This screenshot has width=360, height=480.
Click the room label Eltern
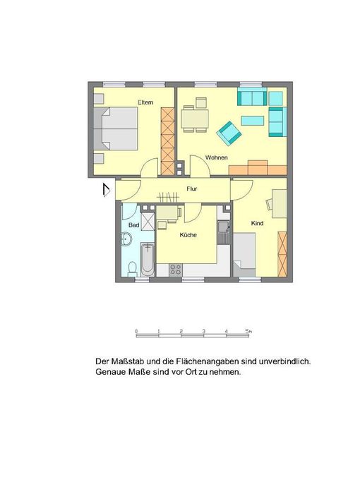tap(145, 102)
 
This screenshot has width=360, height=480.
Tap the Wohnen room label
tap(217, 157)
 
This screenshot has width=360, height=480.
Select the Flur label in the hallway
tap(192, 189)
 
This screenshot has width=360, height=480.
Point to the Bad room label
tap(134, 225)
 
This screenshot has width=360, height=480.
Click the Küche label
tap(188, 235)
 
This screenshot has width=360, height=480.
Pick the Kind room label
tap(257, 223)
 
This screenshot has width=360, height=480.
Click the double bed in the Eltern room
tap(115, 128)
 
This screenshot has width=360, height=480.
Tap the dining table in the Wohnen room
tap(195, 119)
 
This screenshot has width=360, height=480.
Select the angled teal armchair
tap(229, 133)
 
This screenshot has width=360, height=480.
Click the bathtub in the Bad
tap(148, 260)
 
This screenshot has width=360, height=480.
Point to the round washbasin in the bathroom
tap(126, 239)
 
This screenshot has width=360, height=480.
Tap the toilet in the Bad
tap(132, 268)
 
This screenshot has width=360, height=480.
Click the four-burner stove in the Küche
tap(176, 270)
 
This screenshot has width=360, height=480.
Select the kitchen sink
tap(224, 232)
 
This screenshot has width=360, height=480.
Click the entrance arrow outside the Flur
tap(106, 190)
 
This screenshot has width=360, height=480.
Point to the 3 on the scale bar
tap(203, 331)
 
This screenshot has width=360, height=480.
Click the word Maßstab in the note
tap(128, 361)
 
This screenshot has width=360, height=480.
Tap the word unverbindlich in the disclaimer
tap(284, 361)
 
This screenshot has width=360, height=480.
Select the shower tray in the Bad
tap(148, 220)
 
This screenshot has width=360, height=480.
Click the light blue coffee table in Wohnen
tap(253, 121)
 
